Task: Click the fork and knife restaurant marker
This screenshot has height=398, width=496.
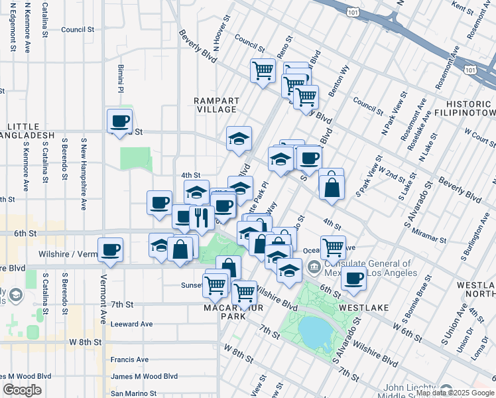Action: pos(200,217)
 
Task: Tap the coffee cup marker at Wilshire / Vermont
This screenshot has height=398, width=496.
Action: pos(110,250)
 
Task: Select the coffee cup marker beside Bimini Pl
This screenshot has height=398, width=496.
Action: pos(119,121)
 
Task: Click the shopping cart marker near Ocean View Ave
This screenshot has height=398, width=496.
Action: pos(333,247)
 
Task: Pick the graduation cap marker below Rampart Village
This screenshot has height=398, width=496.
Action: pos(239,138)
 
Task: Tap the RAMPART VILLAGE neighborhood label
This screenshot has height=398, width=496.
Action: pos(215,105)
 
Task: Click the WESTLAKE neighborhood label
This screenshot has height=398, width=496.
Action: pos(359,308)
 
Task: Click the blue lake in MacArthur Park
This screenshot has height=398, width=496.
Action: pos(316,330)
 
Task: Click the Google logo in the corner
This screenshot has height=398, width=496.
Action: pos(22,390)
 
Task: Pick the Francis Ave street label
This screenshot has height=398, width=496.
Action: pos(129,360)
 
